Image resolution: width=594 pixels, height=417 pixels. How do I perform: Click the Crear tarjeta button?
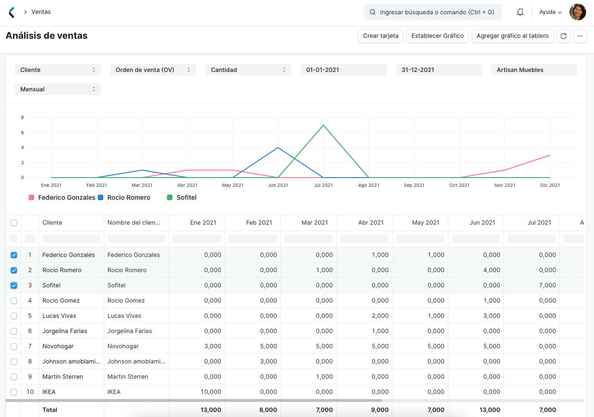tap(380, 36)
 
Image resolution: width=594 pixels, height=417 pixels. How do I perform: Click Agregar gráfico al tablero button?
tap(512, 36)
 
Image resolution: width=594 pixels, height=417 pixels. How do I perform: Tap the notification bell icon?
tap(520, 12)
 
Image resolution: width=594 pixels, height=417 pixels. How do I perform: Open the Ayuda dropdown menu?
tap(550, 12)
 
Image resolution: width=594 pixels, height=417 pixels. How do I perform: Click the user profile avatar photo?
tap(577, 12)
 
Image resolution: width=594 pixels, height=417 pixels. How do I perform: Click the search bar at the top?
tap(432, 12)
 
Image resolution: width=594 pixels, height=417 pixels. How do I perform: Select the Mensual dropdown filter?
tap(58, 89)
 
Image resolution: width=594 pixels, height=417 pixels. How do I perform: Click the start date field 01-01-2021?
tap(344, 70)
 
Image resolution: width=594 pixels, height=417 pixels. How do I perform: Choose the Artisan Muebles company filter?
tap(534, 70)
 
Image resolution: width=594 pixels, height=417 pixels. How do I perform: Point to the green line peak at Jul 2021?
tap(323, 125)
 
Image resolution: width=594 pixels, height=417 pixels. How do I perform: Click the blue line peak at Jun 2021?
tap(278, 148)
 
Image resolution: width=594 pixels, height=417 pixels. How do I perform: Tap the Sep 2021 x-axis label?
tap(414, 185)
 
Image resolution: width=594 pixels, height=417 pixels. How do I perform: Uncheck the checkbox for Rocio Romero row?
tap(14, 270)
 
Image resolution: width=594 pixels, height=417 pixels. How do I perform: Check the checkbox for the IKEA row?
tap(14, 392)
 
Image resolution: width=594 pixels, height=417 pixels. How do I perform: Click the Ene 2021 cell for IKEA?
tap(197, 392)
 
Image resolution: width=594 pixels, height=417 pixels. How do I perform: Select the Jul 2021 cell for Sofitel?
tap(531, 286)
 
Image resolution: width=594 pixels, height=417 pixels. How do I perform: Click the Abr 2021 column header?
tap(364, 222)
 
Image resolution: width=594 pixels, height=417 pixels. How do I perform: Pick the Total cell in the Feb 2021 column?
tap(253, 410)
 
